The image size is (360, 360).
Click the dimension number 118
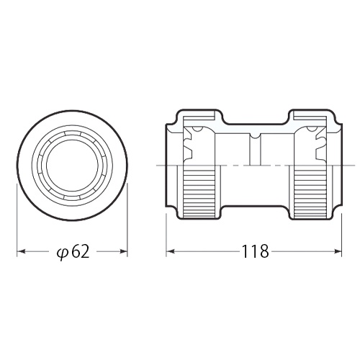pyautogui.click(x=255, y=251)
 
